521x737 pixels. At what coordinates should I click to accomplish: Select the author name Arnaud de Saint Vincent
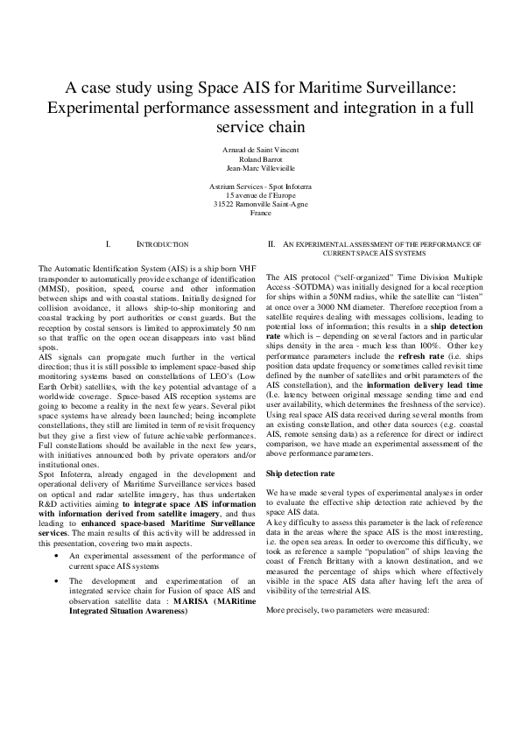point(260,151)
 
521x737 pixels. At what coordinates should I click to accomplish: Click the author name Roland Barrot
point(260,159)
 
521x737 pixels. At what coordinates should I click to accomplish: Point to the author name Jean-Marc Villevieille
point(260,168)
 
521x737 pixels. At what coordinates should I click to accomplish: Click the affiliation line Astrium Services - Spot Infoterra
point(260,187)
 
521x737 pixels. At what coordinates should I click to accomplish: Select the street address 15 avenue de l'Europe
point(260,196)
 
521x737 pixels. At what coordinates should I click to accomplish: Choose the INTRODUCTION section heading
point(163,244)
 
